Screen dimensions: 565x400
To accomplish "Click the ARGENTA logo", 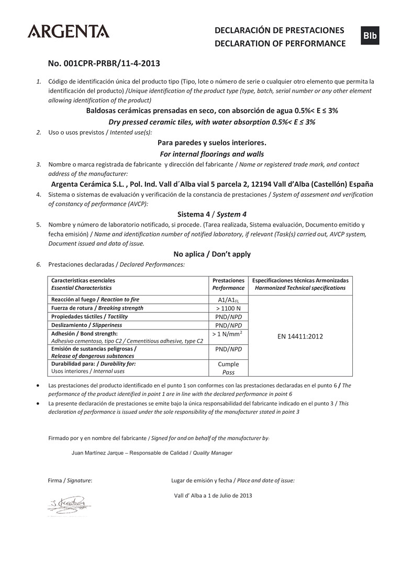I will click(69, 31).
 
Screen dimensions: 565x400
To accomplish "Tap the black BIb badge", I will click(370, 35).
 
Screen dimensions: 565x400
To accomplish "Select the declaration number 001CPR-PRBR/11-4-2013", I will click(104, 63).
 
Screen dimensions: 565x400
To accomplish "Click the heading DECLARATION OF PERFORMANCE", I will click(280, 43).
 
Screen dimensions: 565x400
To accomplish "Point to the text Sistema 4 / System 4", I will click(212, 214).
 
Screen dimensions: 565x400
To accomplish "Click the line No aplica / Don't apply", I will click(212, 254).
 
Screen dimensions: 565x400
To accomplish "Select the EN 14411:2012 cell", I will click(300, 336).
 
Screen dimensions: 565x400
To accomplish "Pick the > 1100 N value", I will click(228, 308).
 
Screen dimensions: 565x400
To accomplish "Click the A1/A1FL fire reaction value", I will click(228, 300).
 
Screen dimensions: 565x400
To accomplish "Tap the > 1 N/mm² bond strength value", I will click(228, 333).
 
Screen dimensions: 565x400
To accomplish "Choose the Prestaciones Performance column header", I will click(228, 284).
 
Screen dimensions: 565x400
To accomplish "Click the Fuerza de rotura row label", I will click(97, 308).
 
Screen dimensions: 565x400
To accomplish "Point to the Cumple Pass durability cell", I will click(228, 368).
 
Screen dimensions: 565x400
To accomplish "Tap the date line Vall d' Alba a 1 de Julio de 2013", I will click(213, 495).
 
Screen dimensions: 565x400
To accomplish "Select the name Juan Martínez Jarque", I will click(99, 453).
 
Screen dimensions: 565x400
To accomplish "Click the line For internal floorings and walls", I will click(212, 154).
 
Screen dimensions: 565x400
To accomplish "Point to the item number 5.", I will click(38, 224).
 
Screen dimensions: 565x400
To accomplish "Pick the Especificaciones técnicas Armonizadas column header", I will click(300, 284).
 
